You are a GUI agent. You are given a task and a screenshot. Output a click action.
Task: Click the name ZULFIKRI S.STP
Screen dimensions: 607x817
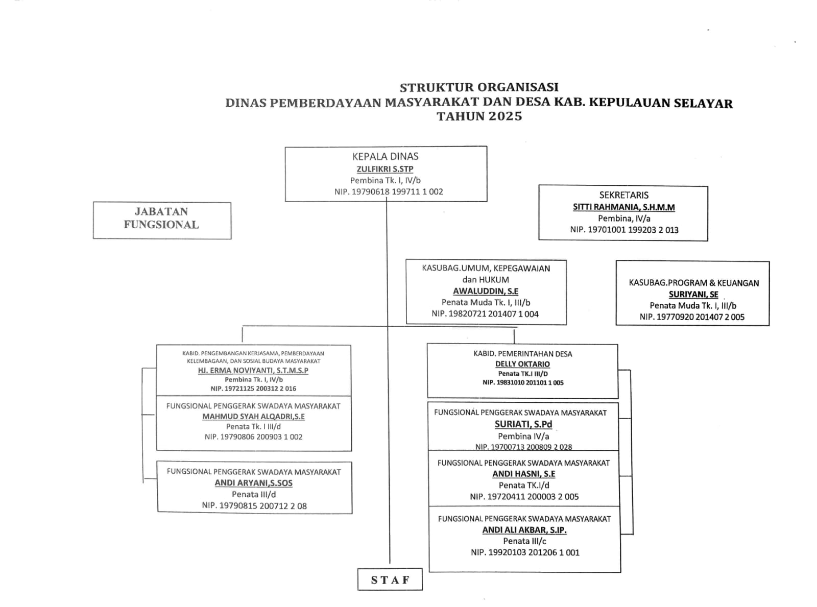[385, 169]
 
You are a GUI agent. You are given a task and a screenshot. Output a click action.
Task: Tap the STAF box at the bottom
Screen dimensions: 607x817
[390, 579]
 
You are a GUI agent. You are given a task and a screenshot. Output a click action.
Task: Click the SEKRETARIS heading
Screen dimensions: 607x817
[623, 195]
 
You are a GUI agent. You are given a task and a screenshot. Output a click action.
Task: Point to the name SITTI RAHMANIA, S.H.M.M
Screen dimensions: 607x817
[623, 207]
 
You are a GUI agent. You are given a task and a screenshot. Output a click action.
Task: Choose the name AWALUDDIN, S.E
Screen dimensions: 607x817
[486, 291]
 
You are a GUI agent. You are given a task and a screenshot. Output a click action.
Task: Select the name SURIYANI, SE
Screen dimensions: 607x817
[693, 295]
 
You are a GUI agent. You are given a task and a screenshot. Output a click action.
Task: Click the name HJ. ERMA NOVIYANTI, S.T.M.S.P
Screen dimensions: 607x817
[253, 371]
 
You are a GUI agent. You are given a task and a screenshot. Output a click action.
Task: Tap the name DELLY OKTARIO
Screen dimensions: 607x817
[522, 364]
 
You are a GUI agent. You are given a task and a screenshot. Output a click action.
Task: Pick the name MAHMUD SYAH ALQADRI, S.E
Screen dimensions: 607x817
[253, 417]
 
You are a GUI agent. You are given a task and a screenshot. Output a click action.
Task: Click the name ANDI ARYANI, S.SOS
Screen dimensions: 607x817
[253, 483]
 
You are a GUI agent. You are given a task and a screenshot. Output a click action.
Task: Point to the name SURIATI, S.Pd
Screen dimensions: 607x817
[523, 424]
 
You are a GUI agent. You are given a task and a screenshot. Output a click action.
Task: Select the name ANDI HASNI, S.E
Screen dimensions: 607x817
[523, 474]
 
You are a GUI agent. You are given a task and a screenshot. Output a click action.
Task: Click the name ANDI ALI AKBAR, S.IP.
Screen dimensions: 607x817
[524, 530]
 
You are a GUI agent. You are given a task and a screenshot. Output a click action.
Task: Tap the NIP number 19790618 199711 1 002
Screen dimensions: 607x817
[389, 192]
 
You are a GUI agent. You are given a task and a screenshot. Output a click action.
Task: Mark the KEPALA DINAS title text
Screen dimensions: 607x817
[386, 157]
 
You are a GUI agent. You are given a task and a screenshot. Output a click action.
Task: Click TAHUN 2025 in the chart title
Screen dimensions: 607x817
[479, 116]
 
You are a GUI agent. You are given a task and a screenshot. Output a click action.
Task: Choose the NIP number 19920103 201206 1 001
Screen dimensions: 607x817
[525, 552]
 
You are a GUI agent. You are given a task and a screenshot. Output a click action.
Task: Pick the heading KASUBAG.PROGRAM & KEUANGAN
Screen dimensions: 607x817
[693, 283]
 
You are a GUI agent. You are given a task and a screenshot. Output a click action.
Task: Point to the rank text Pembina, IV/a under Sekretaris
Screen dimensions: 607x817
[624, 218]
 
